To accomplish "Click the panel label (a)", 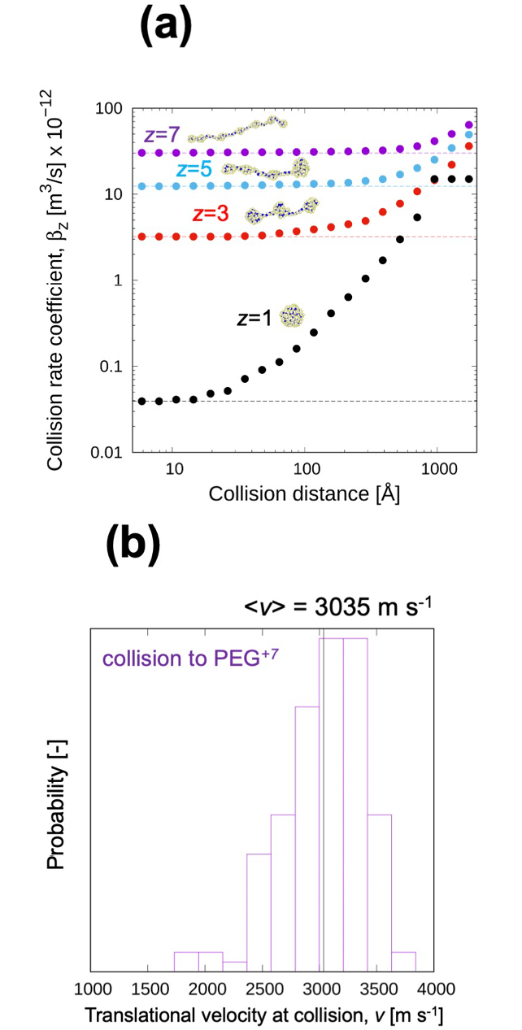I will click(x=165, y=30).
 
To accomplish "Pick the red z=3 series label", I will click(x=210, y=215).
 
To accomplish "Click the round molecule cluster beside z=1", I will click(x=290, y=315).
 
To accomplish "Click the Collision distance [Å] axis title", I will click(x=304, y=494).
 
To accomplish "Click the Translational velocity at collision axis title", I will click(x=264, y=1015).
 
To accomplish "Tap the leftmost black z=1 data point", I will click(x=141, y=401).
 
